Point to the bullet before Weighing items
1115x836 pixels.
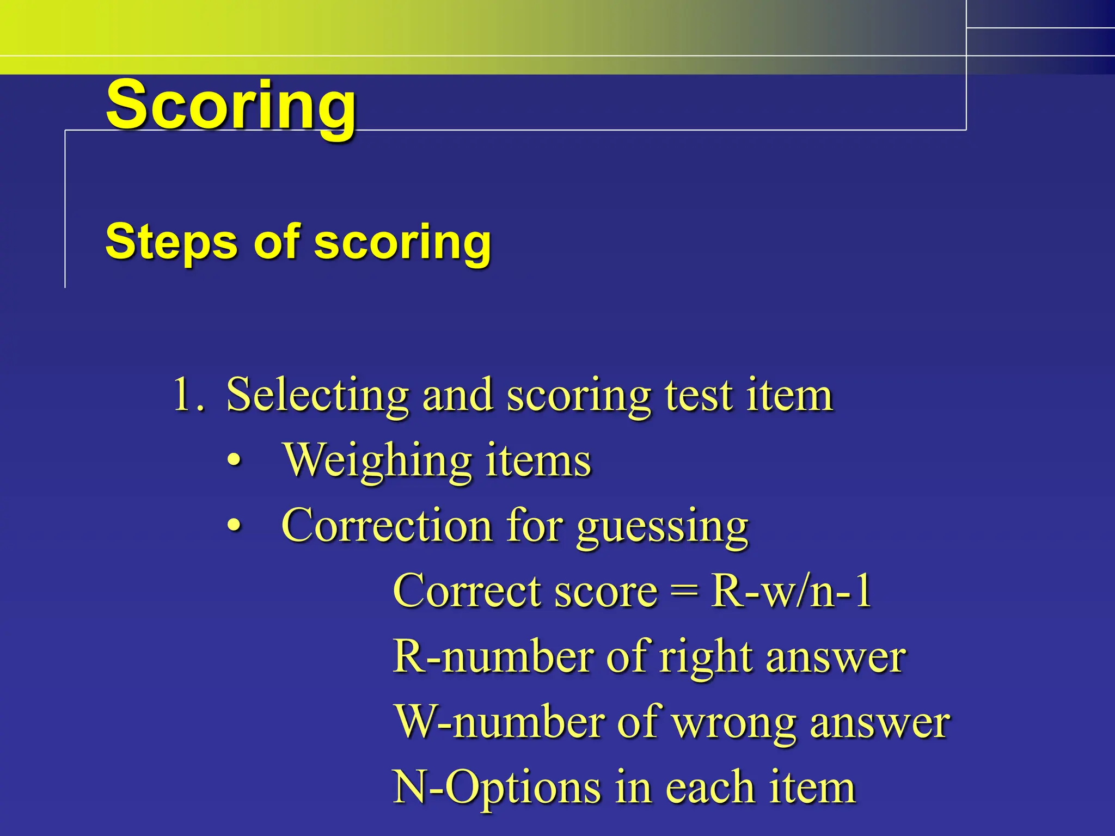(x=234, y=461)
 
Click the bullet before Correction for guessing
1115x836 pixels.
(x=234, y=526)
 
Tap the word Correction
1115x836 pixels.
(x=387, y=526)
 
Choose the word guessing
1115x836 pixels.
(x=663, y=528)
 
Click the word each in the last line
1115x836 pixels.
(x=710, y=788)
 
